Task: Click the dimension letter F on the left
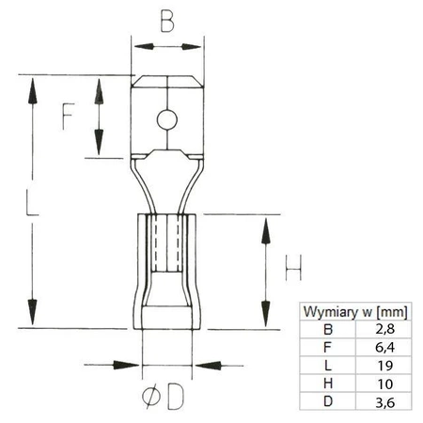pos(68,115)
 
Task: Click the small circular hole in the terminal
pos(166,119)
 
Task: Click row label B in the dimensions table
pos(327,329)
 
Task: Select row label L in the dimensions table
pos(327,365)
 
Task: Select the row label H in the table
pos(327,383)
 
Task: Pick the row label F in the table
pos(327,347)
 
